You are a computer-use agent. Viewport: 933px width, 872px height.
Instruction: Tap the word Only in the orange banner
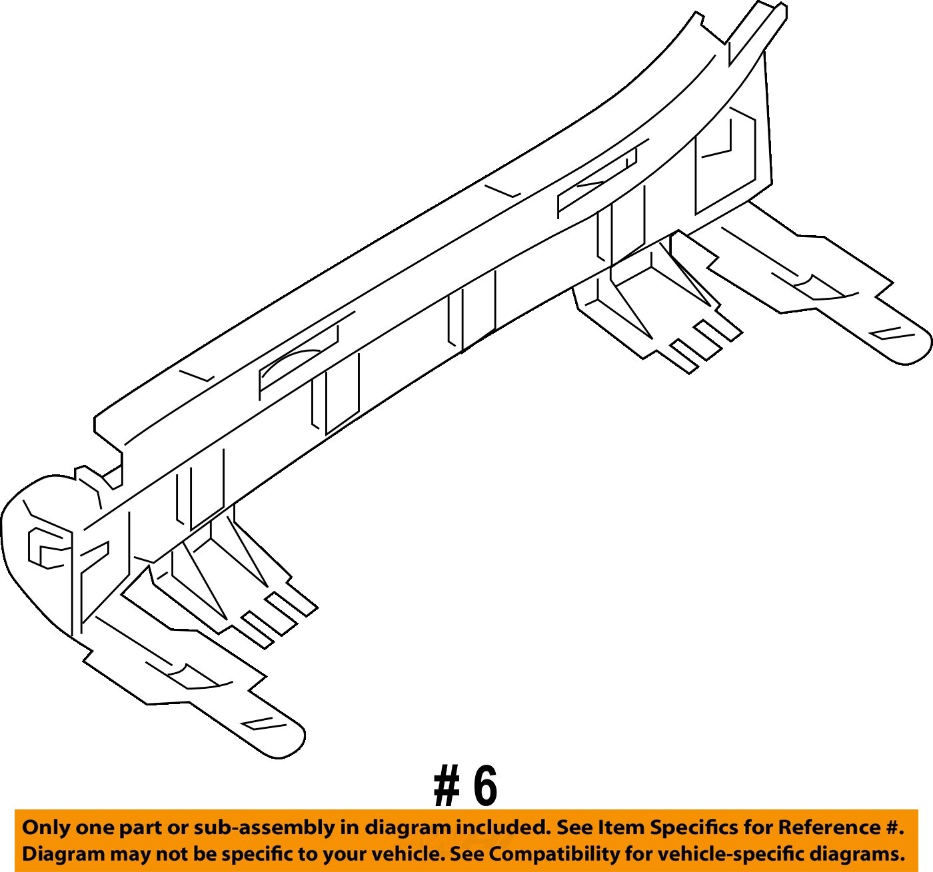(x=46, y=828)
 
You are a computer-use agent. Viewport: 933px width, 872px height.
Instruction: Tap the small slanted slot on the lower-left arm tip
(x=257, y=722)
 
